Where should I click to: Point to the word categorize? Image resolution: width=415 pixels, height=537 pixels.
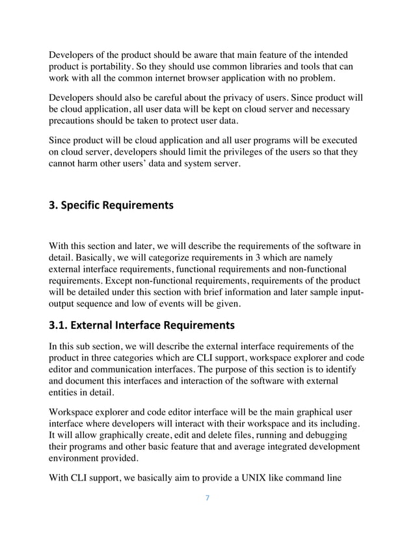[x=154, y=258]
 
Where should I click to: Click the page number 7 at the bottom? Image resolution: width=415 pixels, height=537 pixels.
[x=207, y=499]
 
